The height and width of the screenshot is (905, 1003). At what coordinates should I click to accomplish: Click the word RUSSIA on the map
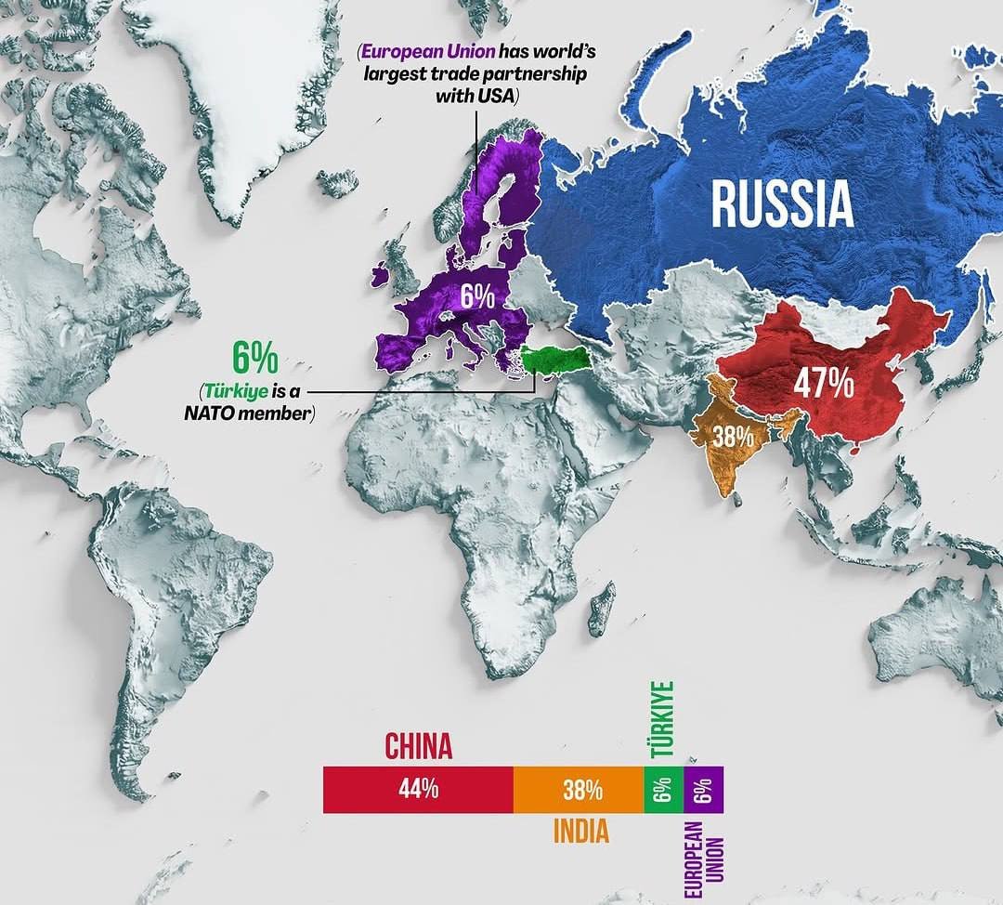(x=782, y=204)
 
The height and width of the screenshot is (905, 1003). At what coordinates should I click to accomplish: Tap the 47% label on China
(x=823, y=384)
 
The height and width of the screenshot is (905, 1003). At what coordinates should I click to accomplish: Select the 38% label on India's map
(x=733, y=435)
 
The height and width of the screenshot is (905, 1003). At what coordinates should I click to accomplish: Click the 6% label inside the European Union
(x=477, y=296)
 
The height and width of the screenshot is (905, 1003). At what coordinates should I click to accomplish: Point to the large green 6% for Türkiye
(x=254, y=358)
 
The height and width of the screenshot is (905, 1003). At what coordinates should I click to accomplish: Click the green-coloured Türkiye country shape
(x=554, y=359)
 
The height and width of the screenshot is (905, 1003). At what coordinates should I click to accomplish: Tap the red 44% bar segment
(x=418, y=790)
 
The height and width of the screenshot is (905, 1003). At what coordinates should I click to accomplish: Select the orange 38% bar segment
(x=579, y=790)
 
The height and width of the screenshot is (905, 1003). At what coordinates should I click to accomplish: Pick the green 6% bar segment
(x=662, y=790)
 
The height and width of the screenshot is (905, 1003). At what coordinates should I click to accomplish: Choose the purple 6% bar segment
(x=702, y=790)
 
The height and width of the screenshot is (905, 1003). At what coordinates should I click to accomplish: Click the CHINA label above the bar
(x=418, y=746)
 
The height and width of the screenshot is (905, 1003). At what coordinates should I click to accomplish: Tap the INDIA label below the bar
(x=581, y=831)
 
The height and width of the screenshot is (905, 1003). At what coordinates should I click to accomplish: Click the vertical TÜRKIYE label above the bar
(x=662, y=720)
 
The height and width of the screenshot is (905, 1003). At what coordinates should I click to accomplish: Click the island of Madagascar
(x=601, y=608)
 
